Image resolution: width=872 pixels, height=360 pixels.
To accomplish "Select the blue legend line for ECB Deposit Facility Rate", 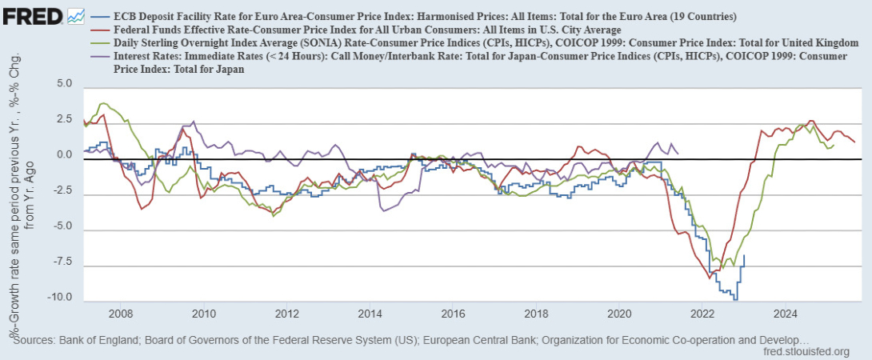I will point(101,16).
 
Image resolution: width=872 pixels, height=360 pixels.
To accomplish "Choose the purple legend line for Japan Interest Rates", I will point(101,58).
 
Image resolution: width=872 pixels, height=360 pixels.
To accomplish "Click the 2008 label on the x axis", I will point(121,313).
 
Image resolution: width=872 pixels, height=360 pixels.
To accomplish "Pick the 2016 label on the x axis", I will point(453,313).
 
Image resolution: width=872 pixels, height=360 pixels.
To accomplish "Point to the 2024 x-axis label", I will point(785,313).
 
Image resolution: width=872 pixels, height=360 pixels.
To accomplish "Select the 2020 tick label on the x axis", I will point(619,313).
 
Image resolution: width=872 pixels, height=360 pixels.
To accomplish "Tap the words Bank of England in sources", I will point(101,340).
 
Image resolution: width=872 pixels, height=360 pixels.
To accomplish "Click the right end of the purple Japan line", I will point(678,153).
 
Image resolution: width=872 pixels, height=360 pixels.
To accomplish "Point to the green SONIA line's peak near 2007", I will point(103,103).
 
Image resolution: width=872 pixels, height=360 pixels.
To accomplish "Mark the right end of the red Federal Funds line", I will point(854,142).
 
